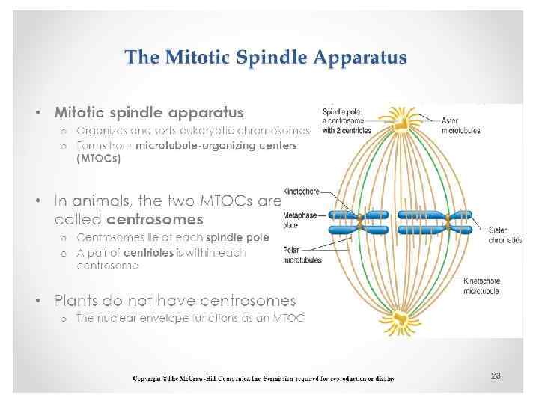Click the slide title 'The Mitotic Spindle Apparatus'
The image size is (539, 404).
(266, 58)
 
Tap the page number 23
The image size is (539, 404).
(495, 375)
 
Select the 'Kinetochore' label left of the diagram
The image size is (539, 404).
(301, 192)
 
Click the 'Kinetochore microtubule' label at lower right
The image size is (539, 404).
(482, 286)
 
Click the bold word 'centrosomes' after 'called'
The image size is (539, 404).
(156, 220)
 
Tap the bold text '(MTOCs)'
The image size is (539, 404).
(98, 158)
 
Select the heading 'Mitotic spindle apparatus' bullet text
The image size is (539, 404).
(149, 113)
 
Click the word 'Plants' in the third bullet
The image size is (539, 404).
(77, 301)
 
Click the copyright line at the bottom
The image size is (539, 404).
(264, 379)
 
